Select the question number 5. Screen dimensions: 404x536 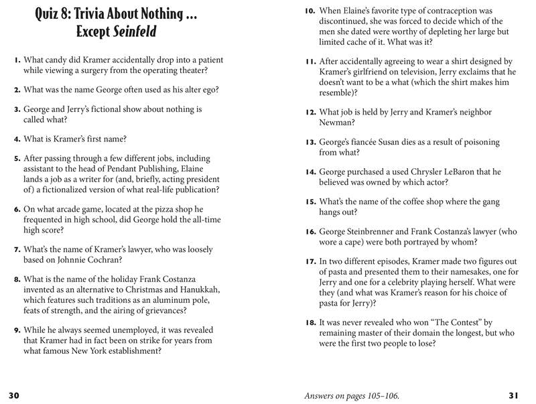pos(17,159)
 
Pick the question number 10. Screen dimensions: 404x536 pos(310,11)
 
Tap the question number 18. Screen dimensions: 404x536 pos(310,323)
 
